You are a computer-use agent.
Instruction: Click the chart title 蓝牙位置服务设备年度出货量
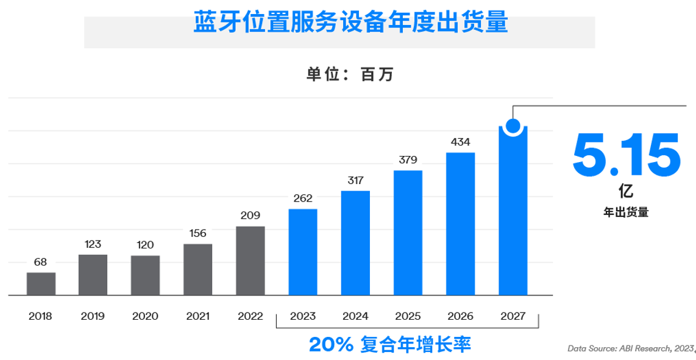pyautogui.click(x=350, y=23)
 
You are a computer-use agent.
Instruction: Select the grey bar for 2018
pyautogui.click(x=41, y=284)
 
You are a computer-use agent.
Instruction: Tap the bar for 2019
pyautogui.click(x=93, y=275)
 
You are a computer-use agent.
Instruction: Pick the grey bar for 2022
pyautogui.click(x=250, y=261)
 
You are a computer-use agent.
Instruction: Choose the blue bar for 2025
pyautogui.click(x=408, y=233)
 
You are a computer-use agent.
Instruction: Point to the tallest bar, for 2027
pyautogui.click(x=513, y=213)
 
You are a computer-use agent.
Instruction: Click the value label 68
pyautogui.click(x=41, y=263)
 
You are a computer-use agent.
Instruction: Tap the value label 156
pyautogui.click(x=198, y=233)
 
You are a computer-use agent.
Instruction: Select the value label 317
pyautogui.click(x=355, y=180)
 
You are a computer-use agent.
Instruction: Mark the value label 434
pyautogui.click(x=460, y=142)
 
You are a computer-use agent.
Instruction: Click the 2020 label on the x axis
pyautogui.click(x=145, y=316)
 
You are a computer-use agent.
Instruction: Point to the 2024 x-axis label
pyautogui.click(x=355, y=316)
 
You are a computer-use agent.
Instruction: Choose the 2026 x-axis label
pyautogui.click(x=460, y=316)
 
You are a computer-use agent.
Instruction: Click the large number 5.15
pyautogui.click(x=626, y=155)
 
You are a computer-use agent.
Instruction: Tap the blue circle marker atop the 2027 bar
pyautogui.click(x=513, y=127)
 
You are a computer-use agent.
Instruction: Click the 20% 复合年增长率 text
pyautogui.click(x=390, y=345)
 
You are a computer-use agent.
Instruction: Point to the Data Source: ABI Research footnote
pyautogui.click(x=631, y=348)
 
